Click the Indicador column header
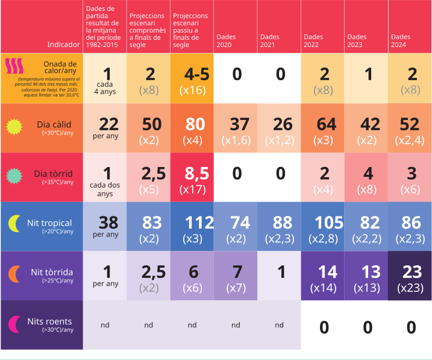(63, 45)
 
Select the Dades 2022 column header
(311, 40)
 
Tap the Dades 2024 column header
(399, 40)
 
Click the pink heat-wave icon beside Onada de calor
(14, 65)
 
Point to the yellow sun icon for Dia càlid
(14, 126)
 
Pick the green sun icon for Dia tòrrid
(14, 175)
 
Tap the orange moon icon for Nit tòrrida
(14, 274)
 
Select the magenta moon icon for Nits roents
(14, 323)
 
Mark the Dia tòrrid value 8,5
(196, 174)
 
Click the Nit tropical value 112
(196, 223)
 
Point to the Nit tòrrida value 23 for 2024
(412, 271)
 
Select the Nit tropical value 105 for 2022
(328, 223)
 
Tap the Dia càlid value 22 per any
(108, 124)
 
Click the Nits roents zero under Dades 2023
(368, 327)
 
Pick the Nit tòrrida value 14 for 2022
(327, 271)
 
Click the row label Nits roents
(49, 321)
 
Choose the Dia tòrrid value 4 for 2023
(368, 174)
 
